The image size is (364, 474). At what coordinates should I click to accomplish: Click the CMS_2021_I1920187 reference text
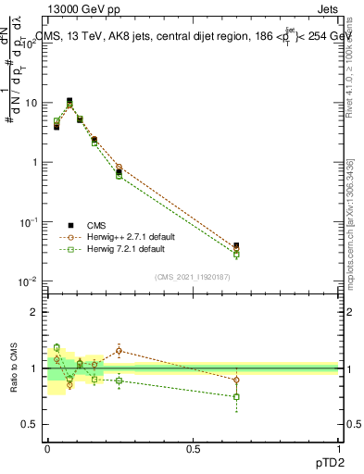(x=193, y=276)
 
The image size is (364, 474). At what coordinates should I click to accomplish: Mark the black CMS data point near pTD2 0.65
(x=236, y=246)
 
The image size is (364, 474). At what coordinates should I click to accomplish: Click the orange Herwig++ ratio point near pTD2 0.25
(x=119, y=350)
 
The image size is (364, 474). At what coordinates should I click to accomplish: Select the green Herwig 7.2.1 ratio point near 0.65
(x=236, y=396)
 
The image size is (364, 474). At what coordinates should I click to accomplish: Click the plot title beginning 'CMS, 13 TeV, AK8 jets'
(x=195, y=36)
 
